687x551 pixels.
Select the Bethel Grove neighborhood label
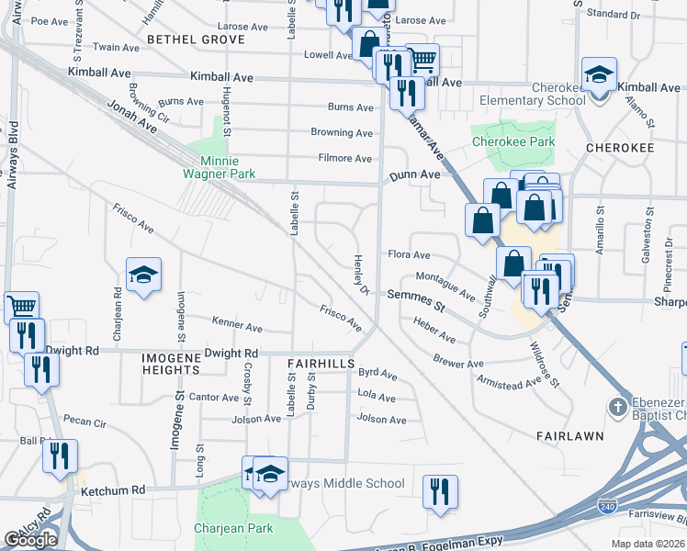pos(196,40)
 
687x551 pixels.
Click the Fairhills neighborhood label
pos(321,365)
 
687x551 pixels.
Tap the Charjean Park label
pos(234,529)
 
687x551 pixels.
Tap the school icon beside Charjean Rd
pos(143,275)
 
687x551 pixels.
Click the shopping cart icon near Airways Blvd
pos(21,306)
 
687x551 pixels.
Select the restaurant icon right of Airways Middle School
pos(440,490)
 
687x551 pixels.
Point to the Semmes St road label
pos(415,295)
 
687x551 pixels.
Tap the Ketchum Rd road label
pos(113,491)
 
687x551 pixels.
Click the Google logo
pos(30,540)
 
